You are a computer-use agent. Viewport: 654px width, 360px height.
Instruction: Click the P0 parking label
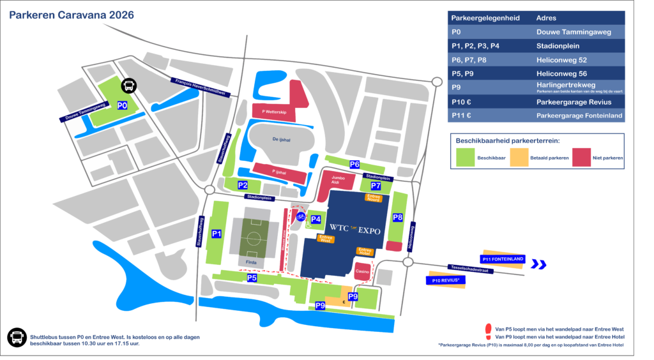[123, 105]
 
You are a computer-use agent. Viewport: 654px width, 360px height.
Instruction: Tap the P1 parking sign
[217, 234]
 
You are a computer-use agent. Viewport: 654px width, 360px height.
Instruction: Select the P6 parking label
[354, 164]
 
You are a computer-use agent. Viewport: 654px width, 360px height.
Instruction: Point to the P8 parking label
[398, 218]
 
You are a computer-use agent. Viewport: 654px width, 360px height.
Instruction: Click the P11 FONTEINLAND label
[502, 259]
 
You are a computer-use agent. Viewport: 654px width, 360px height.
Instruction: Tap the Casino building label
[362, 272]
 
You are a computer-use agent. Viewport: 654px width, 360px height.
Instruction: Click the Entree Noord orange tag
[373, 198]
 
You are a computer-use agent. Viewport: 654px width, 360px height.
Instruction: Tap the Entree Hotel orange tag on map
[365, 251]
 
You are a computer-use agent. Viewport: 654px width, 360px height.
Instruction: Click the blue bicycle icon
[300, 216]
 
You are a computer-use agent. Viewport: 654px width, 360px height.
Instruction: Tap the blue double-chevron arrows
[540, 264]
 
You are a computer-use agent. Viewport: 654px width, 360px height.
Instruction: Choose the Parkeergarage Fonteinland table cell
[579, 115]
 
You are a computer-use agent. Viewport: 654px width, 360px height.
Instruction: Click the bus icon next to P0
[128, 86]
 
